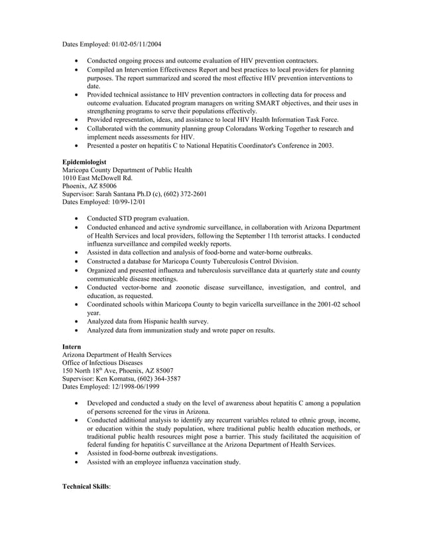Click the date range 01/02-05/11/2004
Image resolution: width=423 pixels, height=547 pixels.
(135, 44)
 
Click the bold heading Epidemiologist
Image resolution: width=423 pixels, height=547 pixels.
(84, 162)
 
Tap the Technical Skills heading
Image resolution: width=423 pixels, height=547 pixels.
(86, 486)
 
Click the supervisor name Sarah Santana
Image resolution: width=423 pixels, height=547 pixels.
(119, 194)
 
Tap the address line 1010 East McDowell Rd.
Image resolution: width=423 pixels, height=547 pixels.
(97, 178)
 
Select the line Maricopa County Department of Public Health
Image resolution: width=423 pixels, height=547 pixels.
(127, 170)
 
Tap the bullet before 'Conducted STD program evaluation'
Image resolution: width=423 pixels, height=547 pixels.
(80, 219)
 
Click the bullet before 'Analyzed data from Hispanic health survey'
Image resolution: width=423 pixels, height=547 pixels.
(80, 322)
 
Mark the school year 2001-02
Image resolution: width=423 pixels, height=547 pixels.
(320, 304)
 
